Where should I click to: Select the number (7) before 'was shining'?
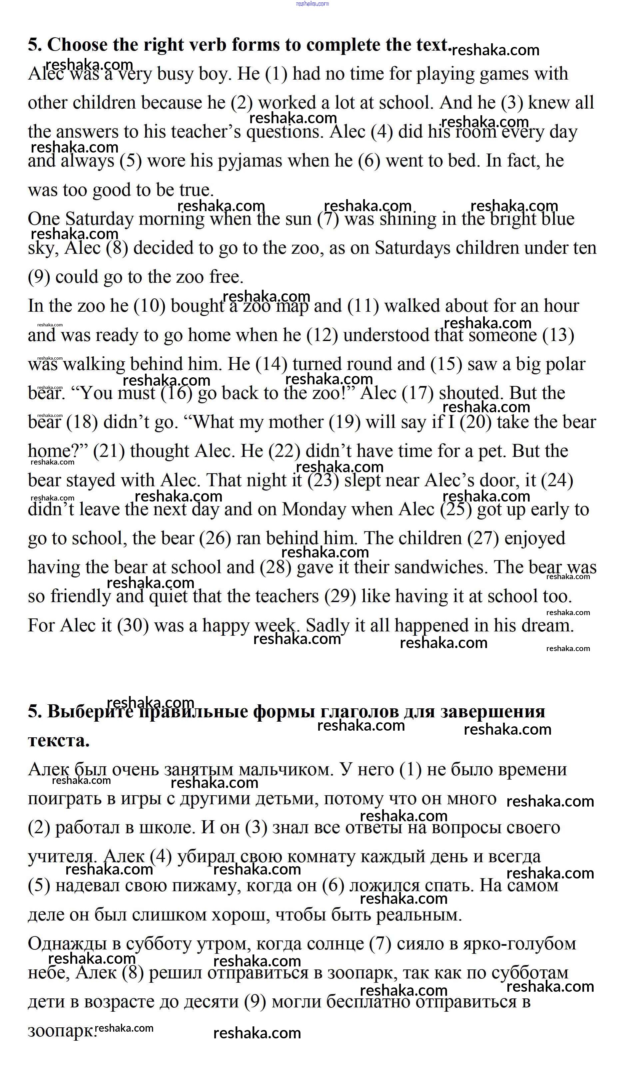[328, 219]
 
